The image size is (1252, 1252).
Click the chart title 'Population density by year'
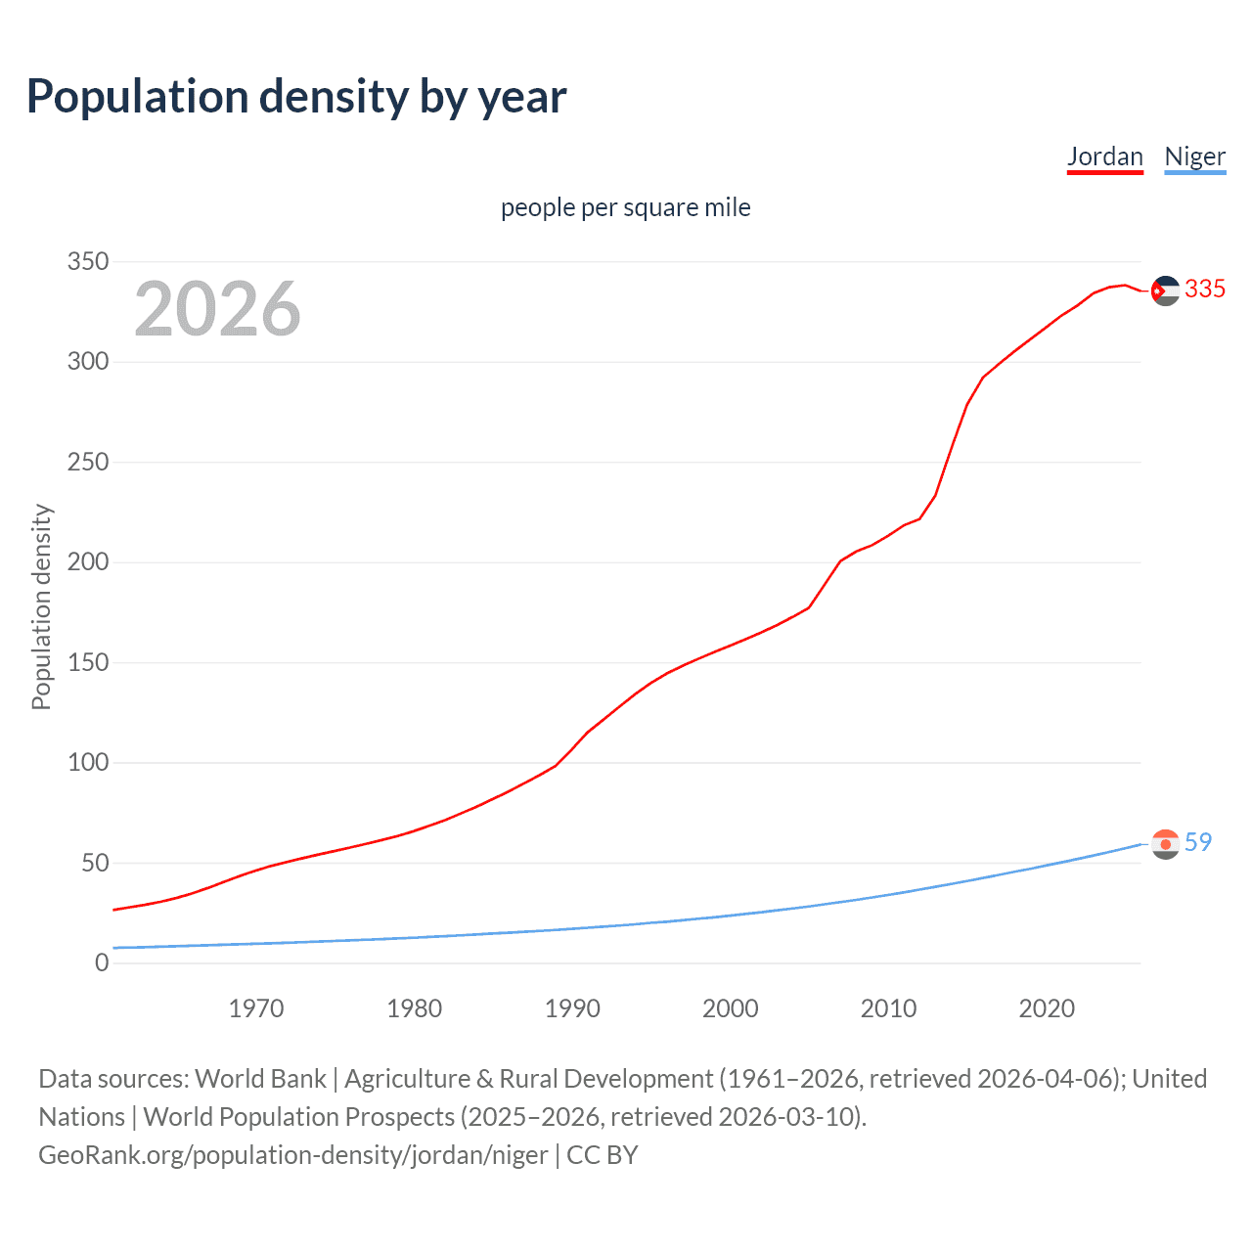pyautogui.click(x=296, y=97)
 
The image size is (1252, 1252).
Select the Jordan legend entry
pyautogui.click(x=1104, y=156)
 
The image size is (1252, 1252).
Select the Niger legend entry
pyautogui.click(x=1194, y=156)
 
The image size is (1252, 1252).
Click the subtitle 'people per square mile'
pyautogui.click(x=625, y=207)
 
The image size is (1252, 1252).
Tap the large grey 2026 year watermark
pyautogui.click(x=217, y=309)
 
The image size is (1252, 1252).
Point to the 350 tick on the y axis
pyautogui.click(x=87, y=262)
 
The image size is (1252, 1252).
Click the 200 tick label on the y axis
pyautogui.click(x=87, y=562)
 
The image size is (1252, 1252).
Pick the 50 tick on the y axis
pyautogui.click(x=94, y=863)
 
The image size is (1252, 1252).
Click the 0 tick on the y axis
pyautogui.click(x=102, y=963)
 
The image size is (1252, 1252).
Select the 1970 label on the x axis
pyautogui.click(x=256, y=1008)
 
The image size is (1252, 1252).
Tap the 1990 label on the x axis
pyautogui.click(x=572, y=1008)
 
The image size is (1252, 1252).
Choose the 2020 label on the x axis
pyautogui.click(x=1047, y=1008)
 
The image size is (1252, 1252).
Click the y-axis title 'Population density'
pyautogui.click(x=41, y=606)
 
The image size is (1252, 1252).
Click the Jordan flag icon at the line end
pyautogui.click(x=1165, y=291)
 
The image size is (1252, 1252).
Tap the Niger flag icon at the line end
pyautogui.click(x=1165, y=844)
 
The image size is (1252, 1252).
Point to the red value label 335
pyautogui.click(x=1204, y=290)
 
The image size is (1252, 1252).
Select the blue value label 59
pyautogui.click(x=1198, y=842)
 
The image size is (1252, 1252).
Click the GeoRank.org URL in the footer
pyautogui.click(x=292, y=1155)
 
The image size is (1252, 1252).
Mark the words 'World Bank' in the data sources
pyautogui.click(x=260, y=1079)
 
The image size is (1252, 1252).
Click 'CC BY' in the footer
pyautogui.click(x=603, y=1155)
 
